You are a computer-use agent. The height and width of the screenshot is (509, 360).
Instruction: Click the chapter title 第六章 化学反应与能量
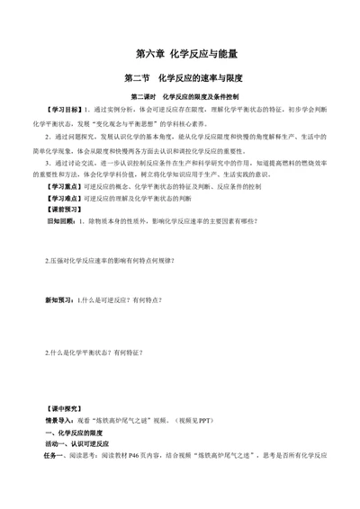pos(180,54)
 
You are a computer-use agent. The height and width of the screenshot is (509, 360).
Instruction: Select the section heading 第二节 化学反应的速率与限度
pos(180,78)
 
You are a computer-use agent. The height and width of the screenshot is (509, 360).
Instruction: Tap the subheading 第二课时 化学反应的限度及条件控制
pos(180,96)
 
